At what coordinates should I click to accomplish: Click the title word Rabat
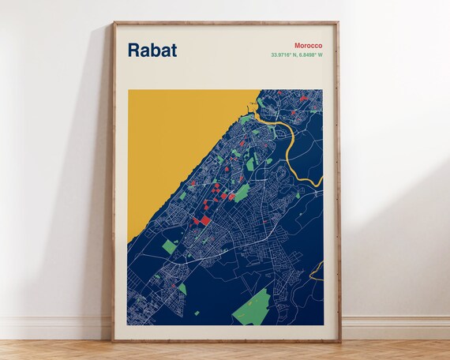pyautogui.click(x=152, y=50)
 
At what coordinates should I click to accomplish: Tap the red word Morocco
pyautogui.click(x=307, y=46)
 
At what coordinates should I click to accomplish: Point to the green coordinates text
pyautogui.click(x=296, y=55)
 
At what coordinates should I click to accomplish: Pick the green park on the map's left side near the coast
pyautogui.click(x=170, y=246)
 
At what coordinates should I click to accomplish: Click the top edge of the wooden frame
pyautogui.click(x=226, y=24)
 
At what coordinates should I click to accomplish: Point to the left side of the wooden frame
pyautogui.click(x=114, y=182)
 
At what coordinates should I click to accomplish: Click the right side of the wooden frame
pyautogui.click(x=339, y=182)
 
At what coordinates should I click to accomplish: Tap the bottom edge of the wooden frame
pyautogui.click(x=226, y=339)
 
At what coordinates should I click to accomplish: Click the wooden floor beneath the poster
pyautogui.click(x=226, y=351)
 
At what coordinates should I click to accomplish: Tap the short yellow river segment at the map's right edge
pyautogui.click(x=317, y=273)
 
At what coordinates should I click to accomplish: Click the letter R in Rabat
pyautogui.click(x=134, y=50)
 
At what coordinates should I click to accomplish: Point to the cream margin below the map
pyautogui.click(x=226, y=332)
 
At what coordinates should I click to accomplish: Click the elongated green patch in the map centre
pyautogui.click(x=241, y=192)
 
